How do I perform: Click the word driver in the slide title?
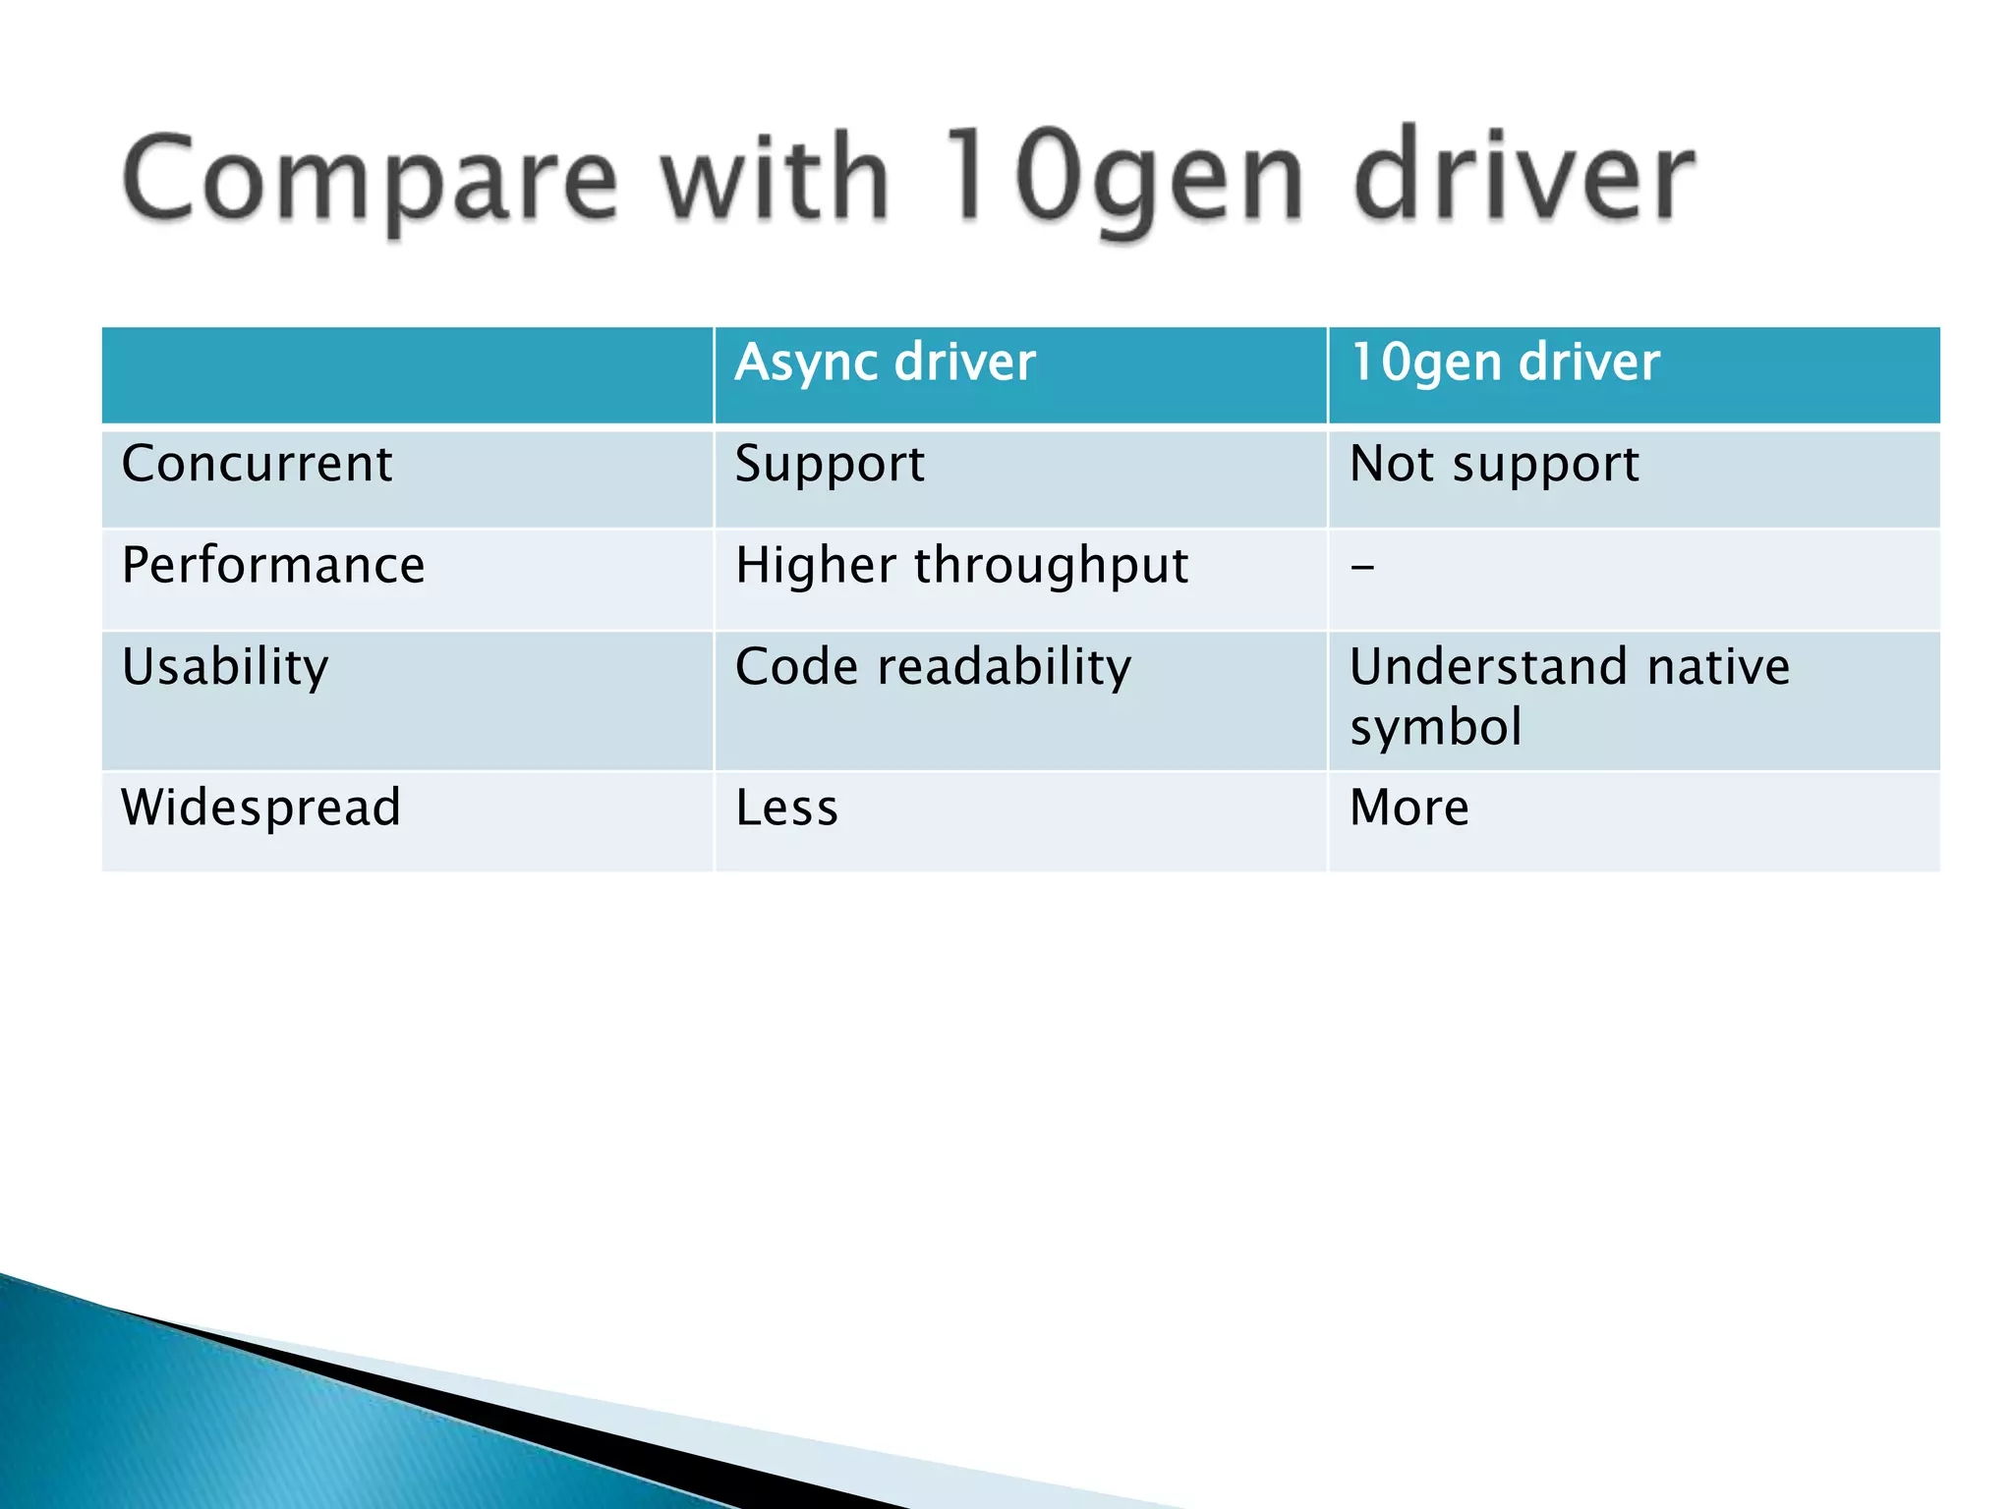(x=1524, y=177)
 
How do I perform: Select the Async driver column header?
(x=885, y=363)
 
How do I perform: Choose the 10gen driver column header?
(x=1505, y=363)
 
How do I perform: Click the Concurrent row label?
(x=257, y=464)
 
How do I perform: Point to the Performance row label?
(x=273, y=566)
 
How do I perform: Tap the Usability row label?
(x=225, y=667)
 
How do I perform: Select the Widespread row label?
(x=260, y=808)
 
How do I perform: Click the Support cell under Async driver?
(x=830, y=464)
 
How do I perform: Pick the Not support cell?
(x=1494, y=464)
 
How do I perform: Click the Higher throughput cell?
(x=961, y=566)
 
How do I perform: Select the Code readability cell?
(x=933, y=667)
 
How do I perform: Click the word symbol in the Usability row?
(x=1435, y=728)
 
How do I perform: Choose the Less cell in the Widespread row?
(x=786, y=808)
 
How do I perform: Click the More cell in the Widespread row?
(x=1409, y=808)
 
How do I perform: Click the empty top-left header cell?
(x=407, y=375)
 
